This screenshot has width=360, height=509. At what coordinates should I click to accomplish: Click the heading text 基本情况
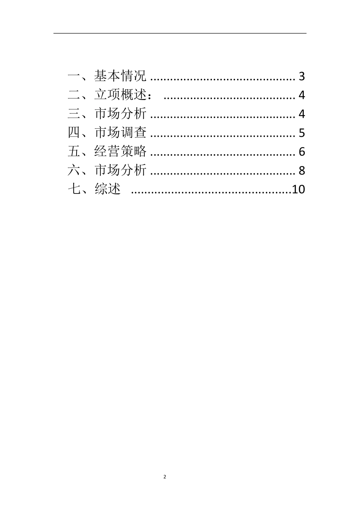[x=120, y=76]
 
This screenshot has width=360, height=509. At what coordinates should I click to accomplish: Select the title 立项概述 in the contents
[x=120, y=95]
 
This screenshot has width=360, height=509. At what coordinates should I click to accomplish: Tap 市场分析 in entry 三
[x=120, y=114]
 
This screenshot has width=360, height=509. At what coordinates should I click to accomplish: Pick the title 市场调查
[x=120, y=133]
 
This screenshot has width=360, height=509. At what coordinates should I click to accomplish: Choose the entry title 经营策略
[x=120, y=151]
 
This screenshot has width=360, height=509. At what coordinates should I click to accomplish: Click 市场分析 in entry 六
[x=120, y=170]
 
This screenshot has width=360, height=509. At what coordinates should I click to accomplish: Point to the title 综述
[x=108, y=189]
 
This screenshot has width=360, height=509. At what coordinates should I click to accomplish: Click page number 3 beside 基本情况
[x=302, y=77]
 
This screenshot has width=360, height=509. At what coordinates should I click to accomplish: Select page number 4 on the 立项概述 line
[x=302, y=95]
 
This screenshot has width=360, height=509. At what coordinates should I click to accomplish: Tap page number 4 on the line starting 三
[x=302, y=114]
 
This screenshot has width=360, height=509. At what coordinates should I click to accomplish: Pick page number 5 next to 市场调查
[x=302, y=133]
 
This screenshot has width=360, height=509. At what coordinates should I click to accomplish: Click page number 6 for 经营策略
[x=302, y=152]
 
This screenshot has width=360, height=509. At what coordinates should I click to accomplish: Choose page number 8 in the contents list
[x=302, y=170]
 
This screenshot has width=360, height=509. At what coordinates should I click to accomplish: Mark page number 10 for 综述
[x=298, y=189]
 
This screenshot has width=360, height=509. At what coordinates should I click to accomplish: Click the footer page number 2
[x=164, y=477]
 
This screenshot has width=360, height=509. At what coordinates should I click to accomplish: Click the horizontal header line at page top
[x=180, y=33]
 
